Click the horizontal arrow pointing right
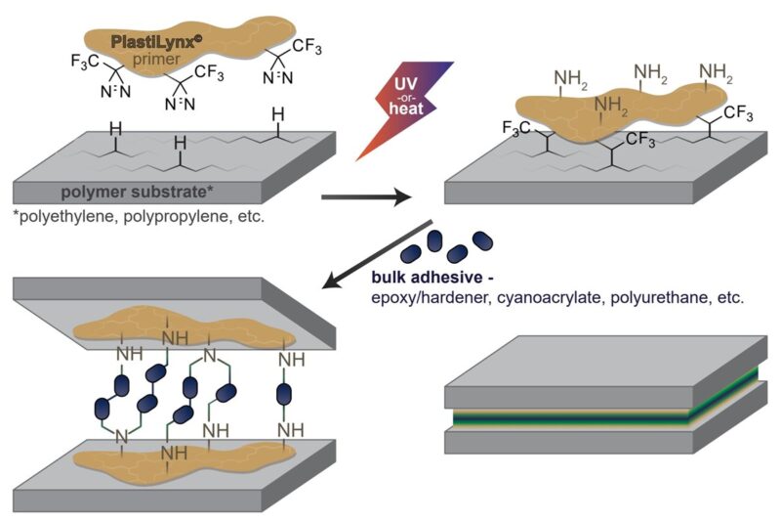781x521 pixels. [x=366, y=199]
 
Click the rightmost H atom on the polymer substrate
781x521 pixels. [x=278, y=115]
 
